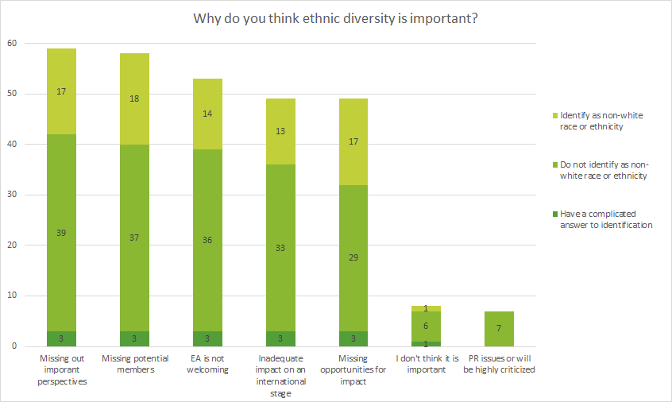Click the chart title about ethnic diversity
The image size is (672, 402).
pos(335,18)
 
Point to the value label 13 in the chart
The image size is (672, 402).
pos(280,131)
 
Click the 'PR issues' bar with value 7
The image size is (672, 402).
pos(500,329)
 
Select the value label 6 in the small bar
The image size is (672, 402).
pos(427,326)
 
